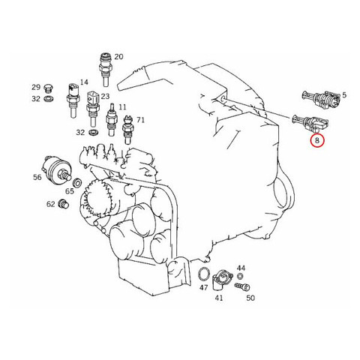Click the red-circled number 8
317,140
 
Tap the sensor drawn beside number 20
105,69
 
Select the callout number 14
84,82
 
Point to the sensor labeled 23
92,109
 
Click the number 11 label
122,107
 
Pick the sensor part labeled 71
127,129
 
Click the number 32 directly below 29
36,99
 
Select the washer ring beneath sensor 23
94,132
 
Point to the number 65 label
70,191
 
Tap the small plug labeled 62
64,204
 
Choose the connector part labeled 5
320,99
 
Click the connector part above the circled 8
310,123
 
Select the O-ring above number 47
204,274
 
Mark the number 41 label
219,298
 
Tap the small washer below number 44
239,277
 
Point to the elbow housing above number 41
222,279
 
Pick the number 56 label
37,177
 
